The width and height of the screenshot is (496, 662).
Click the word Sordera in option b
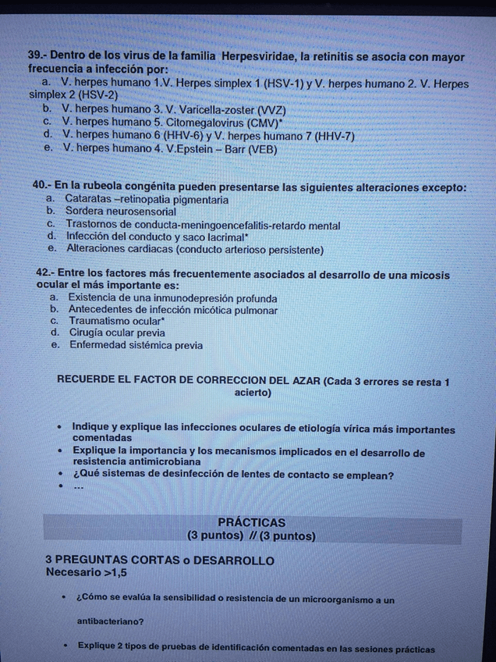(x=84, y=212)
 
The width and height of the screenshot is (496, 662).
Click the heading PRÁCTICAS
(x=251, y=522)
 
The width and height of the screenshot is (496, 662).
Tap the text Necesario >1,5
(x=87, y=572)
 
